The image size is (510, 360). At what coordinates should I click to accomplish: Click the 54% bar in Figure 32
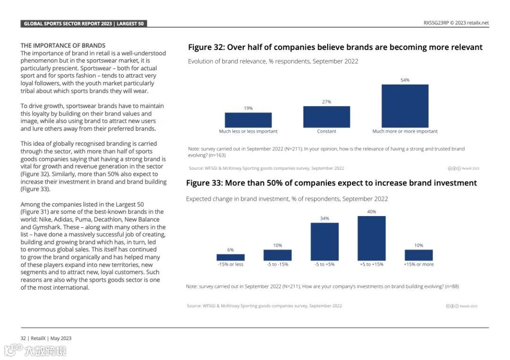coord(405,106)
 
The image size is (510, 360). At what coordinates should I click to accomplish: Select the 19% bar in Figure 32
coord(248,120)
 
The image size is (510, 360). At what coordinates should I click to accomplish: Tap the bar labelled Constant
coord(326,117)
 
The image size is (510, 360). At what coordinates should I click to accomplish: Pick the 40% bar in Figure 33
coord(371,238)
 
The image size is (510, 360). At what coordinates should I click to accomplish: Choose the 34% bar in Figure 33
coord(324,242)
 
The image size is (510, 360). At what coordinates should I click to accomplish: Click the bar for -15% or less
coord(230,257)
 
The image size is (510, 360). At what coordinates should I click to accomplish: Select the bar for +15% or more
coord(418,255)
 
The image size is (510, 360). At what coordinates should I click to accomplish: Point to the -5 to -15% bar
coord(277,255)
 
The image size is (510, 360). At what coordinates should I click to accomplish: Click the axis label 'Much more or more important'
coord(405,132)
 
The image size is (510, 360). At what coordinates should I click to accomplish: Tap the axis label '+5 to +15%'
coord(371,265)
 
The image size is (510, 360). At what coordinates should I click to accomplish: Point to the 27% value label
coord(326,102)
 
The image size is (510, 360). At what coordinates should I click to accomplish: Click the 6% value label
coord(230,250)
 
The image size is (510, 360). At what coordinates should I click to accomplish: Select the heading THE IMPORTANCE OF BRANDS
coord(63,46)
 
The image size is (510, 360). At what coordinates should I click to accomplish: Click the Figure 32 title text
coord(335,47)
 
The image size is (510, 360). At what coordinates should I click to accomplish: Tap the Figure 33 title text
coord(331,183)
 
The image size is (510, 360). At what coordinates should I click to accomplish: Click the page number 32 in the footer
coord(23,338)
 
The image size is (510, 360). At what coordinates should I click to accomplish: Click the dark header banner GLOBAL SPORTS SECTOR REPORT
coord(84,24)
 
